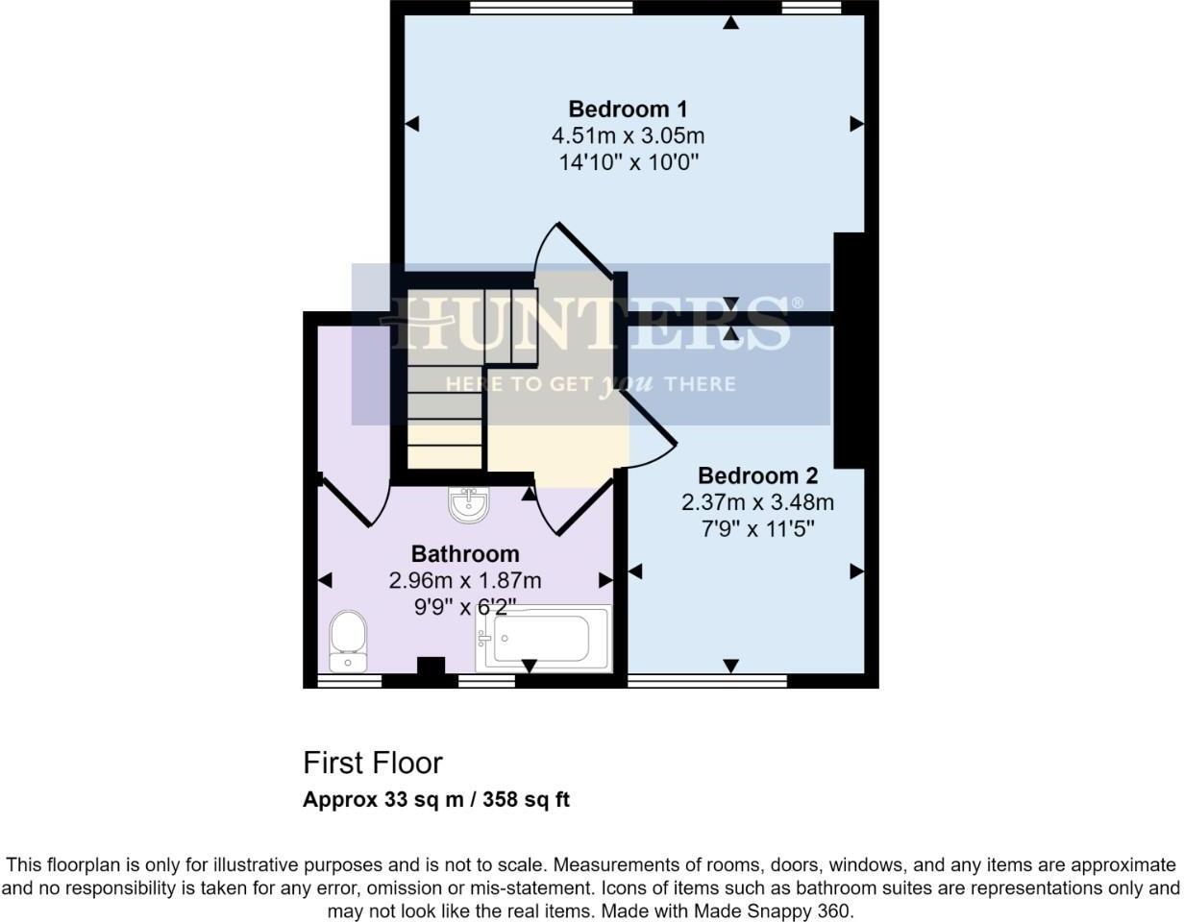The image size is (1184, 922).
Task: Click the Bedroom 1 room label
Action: coord(628,109)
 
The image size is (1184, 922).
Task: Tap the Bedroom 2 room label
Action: coord(757,475)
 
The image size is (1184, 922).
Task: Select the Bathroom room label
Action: coord(465,554)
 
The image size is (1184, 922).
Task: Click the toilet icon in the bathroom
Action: coord(348,641)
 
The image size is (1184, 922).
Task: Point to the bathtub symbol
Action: coord(543,638)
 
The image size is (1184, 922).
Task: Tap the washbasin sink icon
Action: coord(469,505)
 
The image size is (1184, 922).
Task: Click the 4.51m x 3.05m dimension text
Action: coord(628,135)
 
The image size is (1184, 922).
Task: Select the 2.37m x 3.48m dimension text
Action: coord(757,502)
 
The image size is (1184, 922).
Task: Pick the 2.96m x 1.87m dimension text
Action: coord(465,581)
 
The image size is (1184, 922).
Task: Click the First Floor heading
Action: coord(373,763)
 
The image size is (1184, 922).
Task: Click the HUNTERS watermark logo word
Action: coord(590,323)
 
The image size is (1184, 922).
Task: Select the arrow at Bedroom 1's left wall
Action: coord(412,124)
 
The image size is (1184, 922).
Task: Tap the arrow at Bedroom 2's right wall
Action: coord(856,571)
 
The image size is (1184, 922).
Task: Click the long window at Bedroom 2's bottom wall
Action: coord(706,681)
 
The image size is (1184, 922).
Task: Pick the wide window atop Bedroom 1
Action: coord(552,8)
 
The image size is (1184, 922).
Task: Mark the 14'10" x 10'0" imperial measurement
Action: coord(628,162)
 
